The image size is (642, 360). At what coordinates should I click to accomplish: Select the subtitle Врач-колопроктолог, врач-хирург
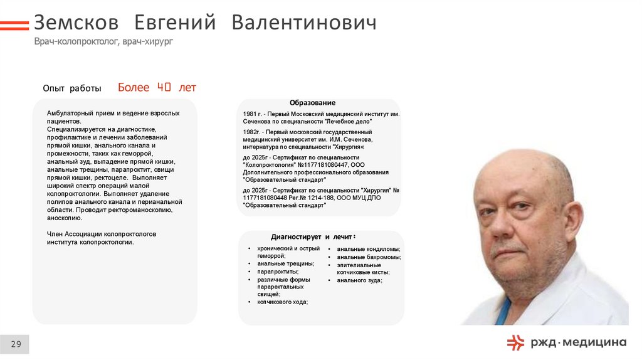(x=103, y=41)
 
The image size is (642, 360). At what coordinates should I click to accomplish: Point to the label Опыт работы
(x=71, y=88)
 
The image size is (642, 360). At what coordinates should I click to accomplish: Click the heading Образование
(x=312, y=102)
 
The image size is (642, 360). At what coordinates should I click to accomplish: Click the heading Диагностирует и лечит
(x=313, y=236)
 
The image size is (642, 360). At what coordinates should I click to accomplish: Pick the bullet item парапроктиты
(x=278, y=272)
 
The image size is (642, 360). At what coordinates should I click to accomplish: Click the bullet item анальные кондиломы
(x=368, y=249)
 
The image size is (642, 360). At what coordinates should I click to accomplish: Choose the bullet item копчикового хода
(x=282, y=302)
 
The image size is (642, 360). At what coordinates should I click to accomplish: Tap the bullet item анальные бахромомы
(x=369, y=257)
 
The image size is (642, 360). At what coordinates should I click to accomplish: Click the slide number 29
(x=16, y=344)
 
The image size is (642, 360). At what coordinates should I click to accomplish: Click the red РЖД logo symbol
(x=515, y=342)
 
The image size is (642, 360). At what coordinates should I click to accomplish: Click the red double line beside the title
(x=14, y=25)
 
